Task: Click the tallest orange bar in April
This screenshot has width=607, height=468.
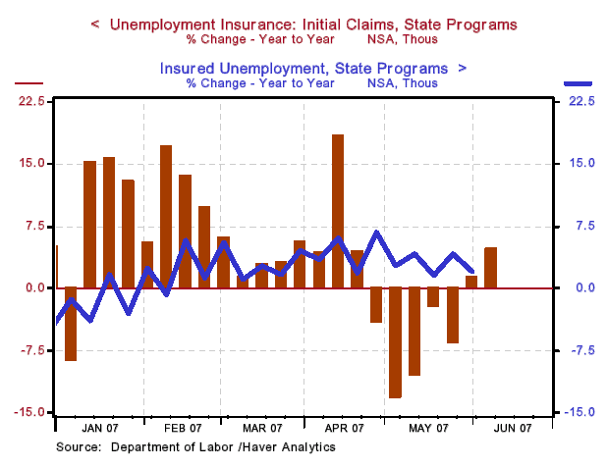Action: (x=338, y=211)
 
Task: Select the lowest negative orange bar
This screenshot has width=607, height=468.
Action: (x=395, y=342)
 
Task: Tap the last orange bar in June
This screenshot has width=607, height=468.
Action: (x=490, y=268)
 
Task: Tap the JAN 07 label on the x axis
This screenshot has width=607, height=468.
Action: (x=102, y=428)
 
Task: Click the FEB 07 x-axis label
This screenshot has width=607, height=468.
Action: (x=183, y=428)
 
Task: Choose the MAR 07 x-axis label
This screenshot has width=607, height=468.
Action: (x=262, y=428)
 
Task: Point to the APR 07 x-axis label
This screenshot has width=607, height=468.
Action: (x=344, y=428)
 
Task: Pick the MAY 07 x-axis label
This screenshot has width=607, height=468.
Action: (x=428, y=428)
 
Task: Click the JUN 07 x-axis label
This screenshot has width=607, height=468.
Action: (x=512, y=428)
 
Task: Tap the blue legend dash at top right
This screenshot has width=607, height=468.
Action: (x=579, y=84)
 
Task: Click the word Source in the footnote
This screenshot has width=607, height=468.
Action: (x=77, y=447)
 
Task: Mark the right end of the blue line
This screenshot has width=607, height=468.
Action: (x=472, y=271)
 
